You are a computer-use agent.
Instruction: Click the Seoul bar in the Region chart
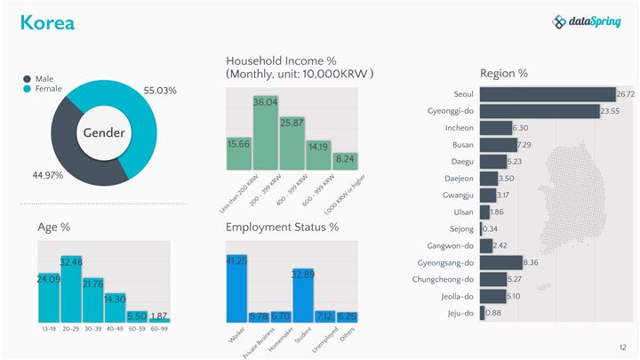click(x=547, y=94)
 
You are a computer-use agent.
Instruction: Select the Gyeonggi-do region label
click(x=451, y=111)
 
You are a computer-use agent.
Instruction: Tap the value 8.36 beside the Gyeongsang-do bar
click(x=531, y=262)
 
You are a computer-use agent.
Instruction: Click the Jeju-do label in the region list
click(x=460, y=313)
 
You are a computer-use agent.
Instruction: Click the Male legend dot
click(x=27, y=79)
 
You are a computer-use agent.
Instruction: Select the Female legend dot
click(x=27, y=89)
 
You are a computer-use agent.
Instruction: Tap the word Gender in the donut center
click(x=104, y=132)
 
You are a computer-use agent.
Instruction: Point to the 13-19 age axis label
click(x=49, y=329)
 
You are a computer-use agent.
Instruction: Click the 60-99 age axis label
click(x=159, y=329)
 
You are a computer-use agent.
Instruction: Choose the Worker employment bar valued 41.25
click(x=236, y=289)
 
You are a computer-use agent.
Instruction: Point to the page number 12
click(x=622, y=347)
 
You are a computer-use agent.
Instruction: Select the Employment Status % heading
click(x=282, y=228)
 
